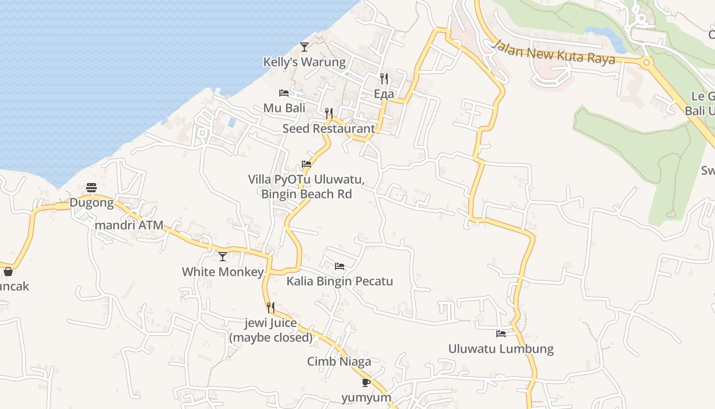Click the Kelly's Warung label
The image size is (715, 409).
pyautogui.click(x=304, y=62)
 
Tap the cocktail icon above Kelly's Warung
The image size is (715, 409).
pyautogui.click(x=304, y=47)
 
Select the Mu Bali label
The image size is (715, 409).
pyautogui.click(x=284, y=108)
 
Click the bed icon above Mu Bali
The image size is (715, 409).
pyautogui.click(x=284, y=93)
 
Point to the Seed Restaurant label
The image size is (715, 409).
pyautogui.click(x=329, y=128)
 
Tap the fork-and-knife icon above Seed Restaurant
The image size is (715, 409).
pyautogui.click(x=329, y=113)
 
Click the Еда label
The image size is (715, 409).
pyautogui.click(x=384, y=94)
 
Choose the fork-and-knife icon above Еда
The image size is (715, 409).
pyautogui.click(x=384, y=78)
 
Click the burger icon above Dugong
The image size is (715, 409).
pyautogui.click(x=91, y=188)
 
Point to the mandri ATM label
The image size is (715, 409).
pyautogui.click(x=129, y=224)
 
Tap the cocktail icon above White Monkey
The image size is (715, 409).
pyautogui.click(x=223, y=256)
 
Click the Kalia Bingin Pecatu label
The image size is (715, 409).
pyautogui.click(x=340, y=281)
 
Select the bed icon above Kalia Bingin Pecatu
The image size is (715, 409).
pyautogui.click(x=340, y=266)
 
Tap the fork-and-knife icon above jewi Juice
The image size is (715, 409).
pyautogui.click(x=271, y=307)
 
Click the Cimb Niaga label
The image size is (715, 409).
pyautogui.click(x=339, y=361)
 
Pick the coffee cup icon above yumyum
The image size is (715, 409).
pyautogui.click(x=366, y=382)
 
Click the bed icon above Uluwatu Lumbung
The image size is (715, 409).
pyautogui.click(x=501, y=334)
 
